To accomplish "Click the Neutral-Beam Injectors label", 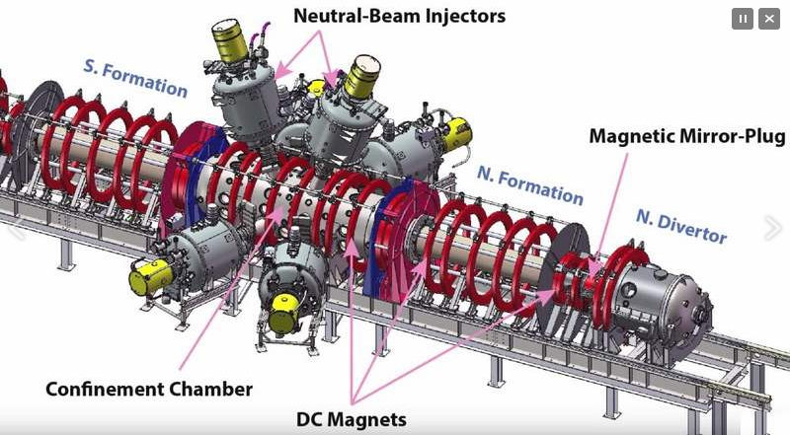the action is tap(400, 16).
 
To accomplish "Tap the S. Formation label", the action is tap(135, 79).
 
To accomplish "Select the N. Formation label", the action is tap(530, 185).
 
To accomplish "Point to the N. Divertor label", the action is tap(681, 227).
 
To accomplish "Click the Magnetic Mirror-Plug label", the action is tap(687, 136).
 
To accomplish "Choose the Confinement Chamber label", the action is tap(149, 389).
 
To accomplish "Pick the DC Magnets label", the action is tap(352, 419).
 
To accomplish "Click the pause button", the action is tap(743, 19).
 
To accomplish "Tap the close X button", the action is tap(769, 19).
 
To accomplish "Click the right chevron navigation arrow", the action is tap(773, 228).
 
